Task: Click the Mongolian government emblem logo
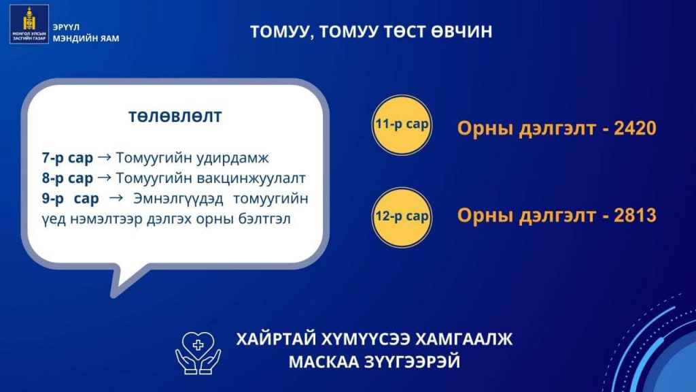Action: coord(29,24)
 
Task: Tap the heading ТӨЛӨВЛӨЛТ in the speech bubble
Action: coord(175,116)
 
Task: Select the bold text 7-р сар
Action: coord(67,158)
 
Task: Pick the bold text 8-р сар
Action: coord(67,178)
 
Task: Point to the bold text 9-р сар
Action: coord(71,199)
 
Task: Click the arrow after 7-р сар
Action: coord(104,157)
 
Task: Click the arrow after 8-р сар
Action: coord(104,178)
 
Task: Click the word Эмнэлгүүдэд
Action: coord(179,199)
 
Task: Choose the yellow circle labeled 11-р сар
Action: coord(402,125)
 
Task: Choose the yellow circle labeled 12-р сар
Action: coord(402,217)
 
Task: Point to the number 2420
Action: coord(636,128)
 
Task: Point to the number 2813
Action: coord(636,215)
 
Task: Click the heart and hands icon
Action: coord(198,353)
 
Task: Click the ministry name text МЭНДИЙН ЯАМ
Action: coord(86,39)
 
